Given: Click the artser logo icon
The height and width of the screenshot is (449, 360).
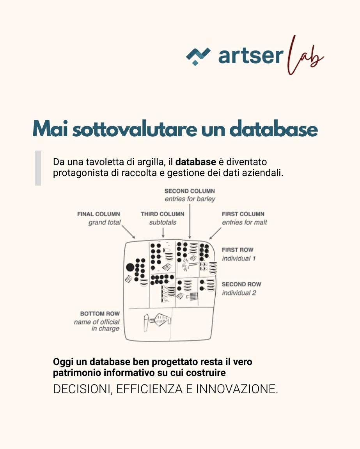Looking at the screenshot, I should click(x=198, y=56).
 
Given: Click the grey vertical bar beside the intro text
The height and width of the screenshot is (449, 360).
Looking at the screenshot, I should click(x=38, y=168).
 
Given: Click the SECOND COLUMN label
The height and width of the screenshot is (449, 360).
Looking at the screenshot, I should click(x=190, y=191).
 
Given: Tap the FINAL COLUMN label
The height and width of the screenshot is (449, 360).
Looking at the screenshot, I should click(x=99, y=214).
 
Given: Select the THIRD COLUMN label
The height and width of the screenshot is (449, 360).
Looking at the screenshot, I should click(x=162, y=214).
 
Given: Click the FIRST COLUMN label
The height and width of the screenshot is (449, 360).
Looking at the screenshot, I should click(x=243, y=214).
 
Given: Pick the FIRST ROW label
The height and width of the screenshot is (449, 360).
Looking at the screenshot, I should click(x=238, y=250).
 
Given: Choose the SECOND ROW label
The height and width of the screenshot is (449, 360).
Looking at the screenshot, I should click(x=241, y=284).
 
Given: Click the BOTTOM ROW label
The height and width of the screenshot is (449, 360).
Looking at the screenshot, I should click(x=100, y=314).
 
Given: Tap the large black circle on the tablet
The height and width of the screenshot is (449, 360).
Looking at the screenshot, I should click(x=130, y=267).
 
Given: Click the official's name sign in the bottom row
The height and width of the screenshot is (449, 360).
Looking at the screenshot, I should click(x=157, y=320).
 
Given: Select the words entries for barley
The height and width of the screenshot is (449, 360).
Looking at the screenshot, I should click(x=190, y=199).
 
